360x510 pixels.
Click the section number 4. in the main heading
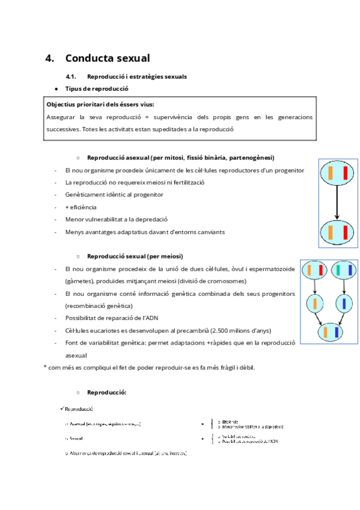pyautogui.click(x=50, y=58)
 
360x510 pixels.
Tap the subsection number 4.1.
pyautogui.click(x=72, y=77)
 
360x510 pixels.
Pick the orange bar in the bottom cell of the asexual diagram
pyautogui.click(x=330, y=232)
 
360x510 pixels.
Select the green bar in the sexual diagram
pyautogui.click(x=338, y=271)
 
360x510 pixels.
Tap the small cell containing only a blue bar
pyautogui.click(x=343, y=304)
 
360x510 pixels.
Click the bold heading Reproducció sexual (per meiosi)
pyautogui.click(x=135, y=256)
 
